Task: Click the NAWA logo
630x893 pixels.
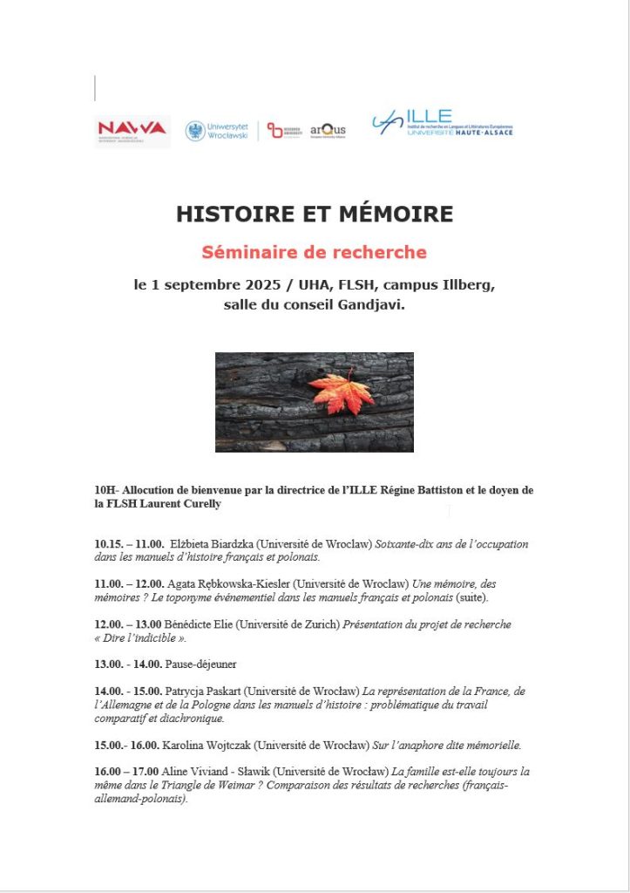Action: coord(132,129)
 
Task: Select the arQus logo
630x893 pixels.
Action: coord(328,130)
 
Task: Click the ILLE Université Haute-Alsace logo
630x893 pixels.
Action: coord(441,124)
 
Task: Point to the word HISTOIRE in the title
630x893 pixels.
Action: coord(230,215)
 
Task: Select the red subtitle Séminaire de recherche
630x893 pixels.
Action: coord(315,253)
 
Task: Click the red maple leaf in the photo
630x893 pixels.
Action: coord(340,393)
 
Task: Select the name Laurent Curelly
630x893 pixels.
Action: coord(185,504)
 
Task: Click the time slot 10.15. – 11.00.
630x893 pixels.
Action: coord(129,543)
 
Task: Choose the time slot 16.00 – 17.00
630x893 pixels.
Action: coord(126,772)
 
